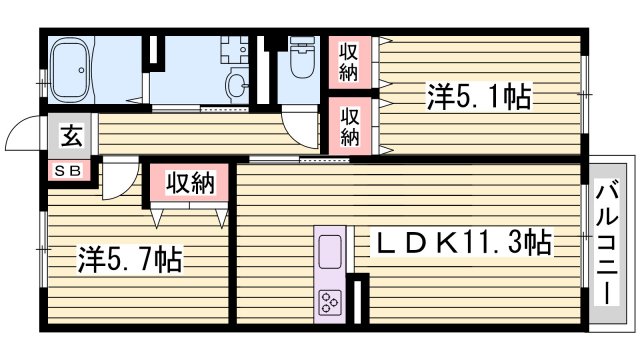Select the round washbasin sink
(236, 85)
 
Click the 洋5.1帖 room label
(479, 97)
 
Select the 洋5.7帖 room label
(130, 262)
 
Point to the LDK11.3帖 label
(463, 242)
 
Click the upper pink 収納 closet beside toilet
(349, 61)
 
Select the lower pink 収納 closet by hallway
(349, 125)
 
